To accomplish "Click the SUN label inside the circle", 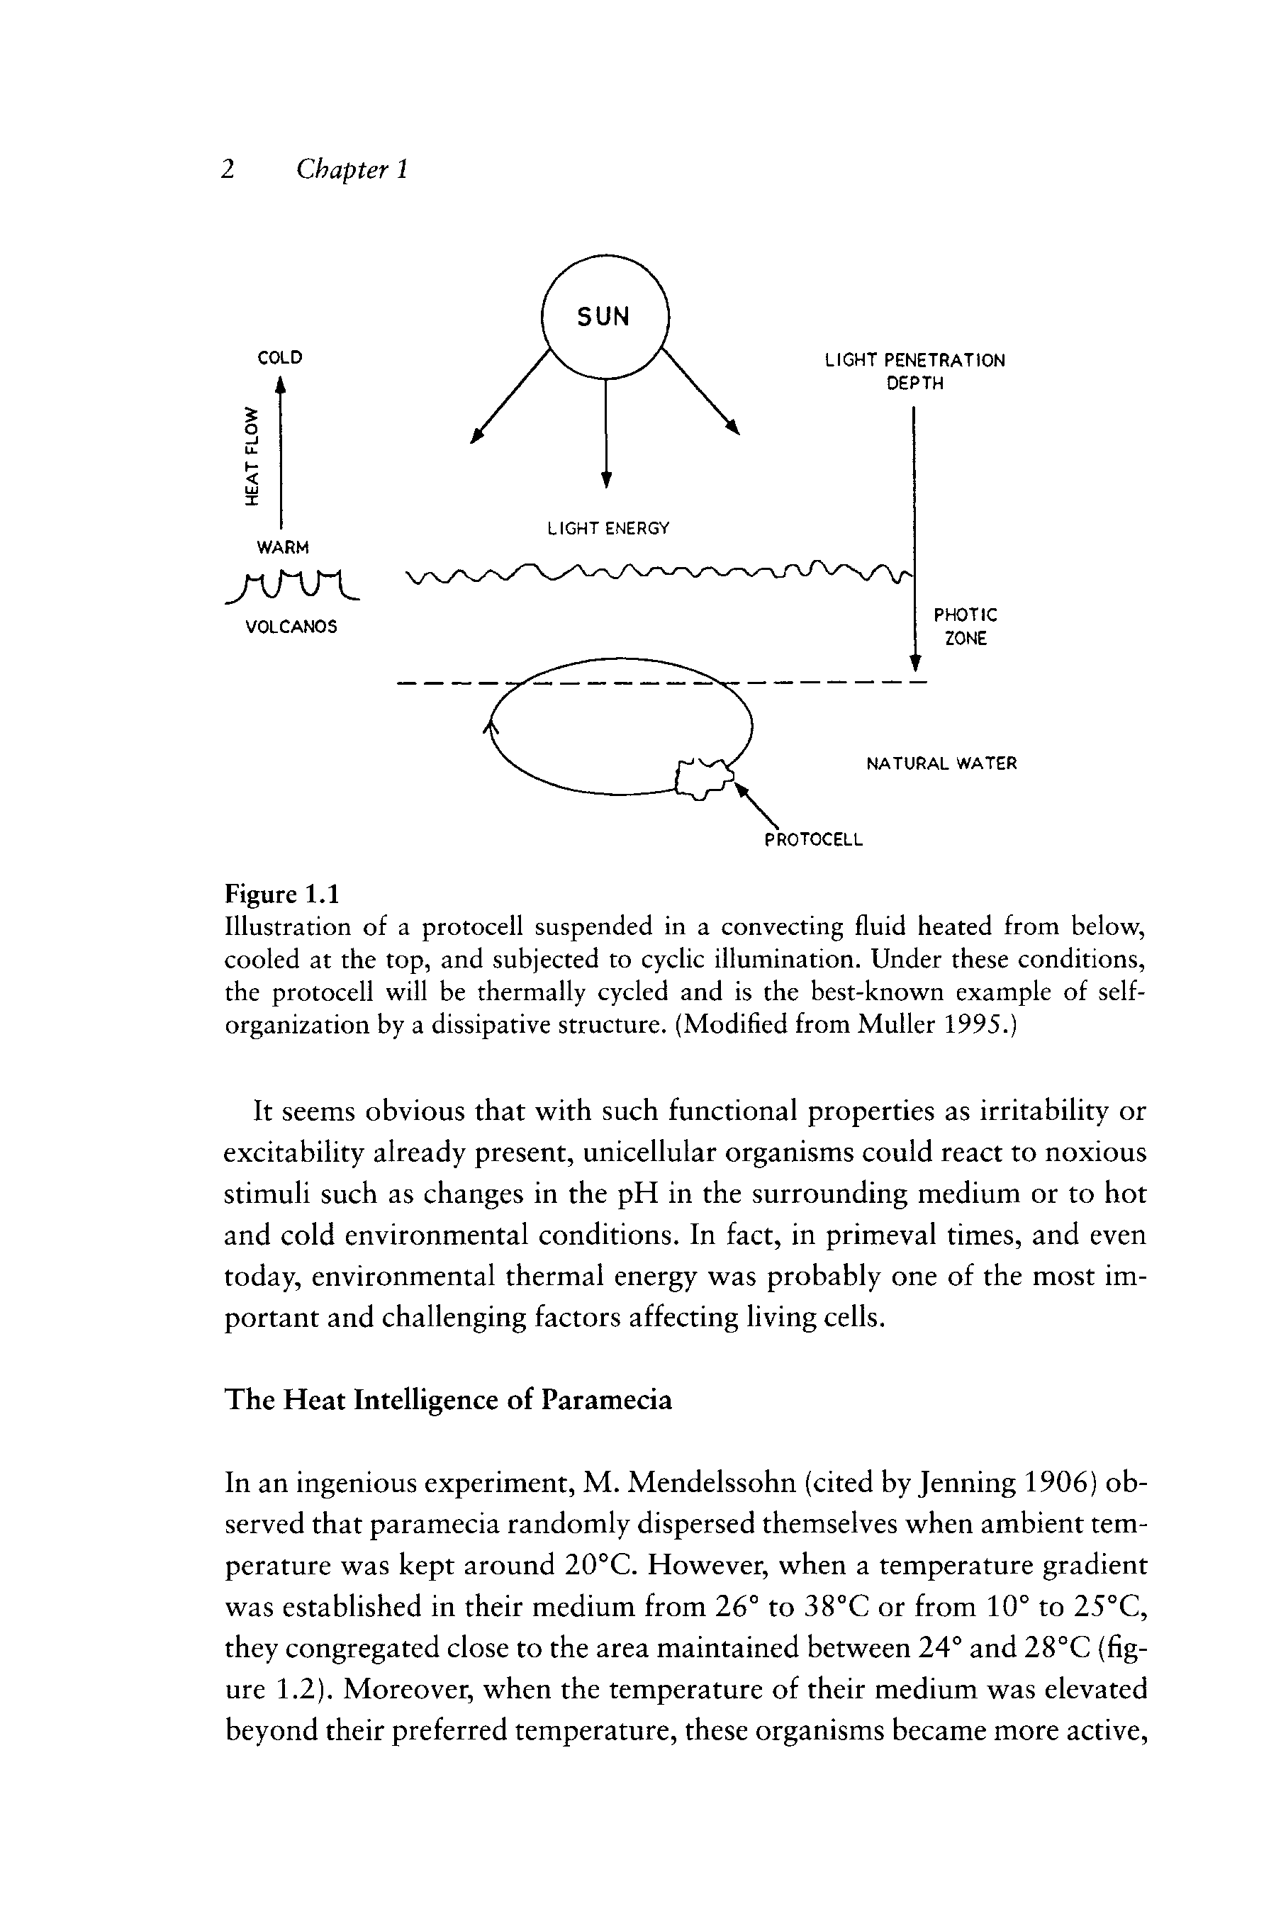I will [x=604, y=316].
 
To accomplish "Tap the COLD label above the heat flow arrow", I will [x=280, y=358].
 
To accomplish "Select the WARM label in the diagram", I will [x=282, y=546].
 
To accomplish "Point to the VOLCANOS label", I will [x=291, y=627].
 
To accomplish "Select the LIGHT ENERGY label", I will [x=609, y=529].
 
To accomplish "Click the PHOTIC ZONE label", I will [x=965, y=627].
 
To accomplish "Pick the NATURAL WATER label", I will [x=941, y=764].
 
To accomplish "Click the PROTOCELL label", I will [x=813, y=839].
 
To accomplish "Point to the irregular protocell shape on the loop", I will [x=704, y=778].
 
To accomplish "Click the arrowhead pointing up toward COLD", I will [x=281, y=385].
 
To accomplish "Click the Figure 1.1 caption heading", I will [x=281, y=894].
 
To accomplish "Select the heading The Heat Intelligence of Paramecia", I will [x=449, y=1399].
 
